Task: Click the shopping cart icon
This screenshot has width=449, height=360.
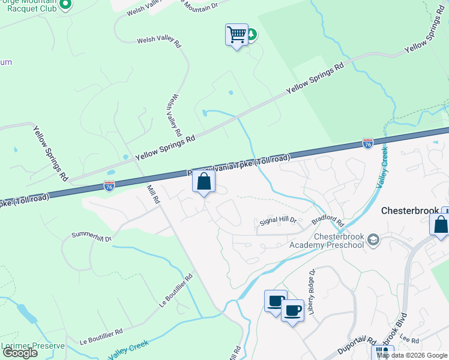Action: tap(237, 35)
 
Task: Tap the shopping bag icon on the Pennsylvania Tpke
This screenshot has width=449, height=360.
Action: tap(203, 182)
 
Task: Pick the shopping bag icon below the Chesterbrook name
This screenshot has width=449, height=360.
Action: tap(440, 224)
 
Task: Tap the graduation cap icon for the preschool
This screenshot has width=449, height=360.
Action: tap(373, 241)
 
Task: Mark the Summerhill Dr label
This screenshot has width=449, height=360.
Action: tap(92, 236)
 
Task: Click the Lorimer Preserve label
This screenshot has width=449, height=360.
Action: tap(32, 346)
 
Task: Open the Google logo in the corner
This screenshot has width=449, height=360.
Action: tap(20, 353)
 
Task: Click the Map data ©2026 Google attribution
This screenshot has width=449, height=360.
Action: tap(412, 355)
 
